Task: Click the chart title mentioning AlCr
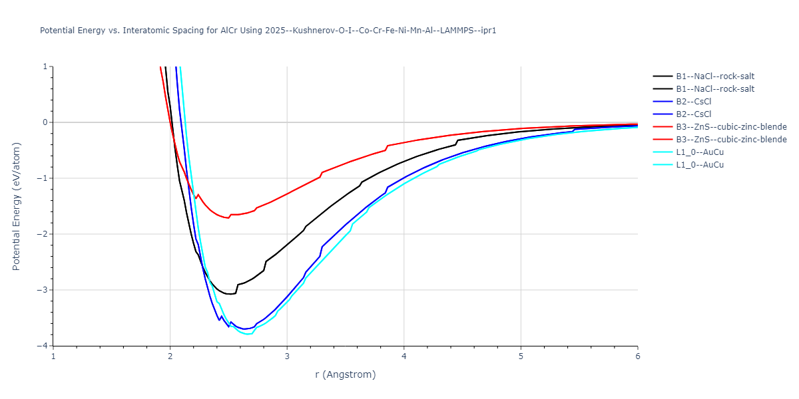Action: [x=268, y=31]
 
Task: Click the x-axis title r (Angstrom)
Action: [x=345, y=374]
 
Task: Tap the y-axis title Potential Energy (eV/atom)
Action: [x=17, y=206]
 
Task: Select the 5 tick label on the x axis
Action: [x=521, y=356]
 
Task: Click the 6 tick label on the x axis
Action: [x=637, y=356]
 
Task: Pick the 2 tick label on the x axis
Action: [x=170, y=356]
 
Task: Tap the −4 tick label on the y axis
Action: [x=44, y=346]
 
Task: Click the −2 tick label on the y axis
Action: [x=44, y=234]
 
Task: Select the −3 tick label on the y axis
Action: [x=44, y=290]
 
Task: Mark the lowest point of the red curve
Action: [x=228, y=218]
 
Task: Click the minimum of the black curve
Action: [x=230, y=294]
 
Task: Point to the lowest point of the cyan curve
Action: [x=248, y=334]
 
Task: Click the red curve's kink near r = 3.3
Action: [x=322, y=173]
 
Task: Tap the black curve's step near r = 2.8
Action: [x=265, y=263]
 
